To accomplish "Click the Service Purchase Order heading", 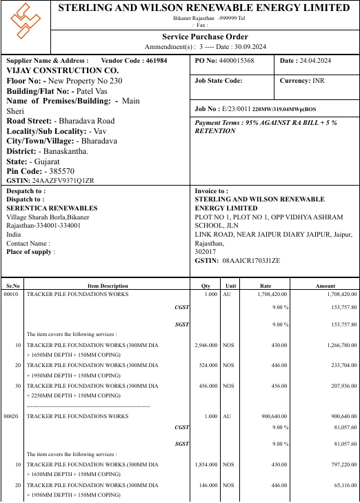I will (205, 37).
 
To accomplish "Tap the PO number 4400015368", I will (237, 61).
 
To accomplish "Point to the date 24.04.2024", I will (315, 61).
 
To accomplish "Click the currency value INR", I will (319, 81).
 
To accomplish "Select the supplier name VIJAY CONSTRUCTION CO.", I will (63, 70).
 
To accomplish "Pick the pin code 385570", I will (60, 170).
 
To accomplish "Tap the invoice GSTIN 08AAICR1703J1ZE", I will (252, 260).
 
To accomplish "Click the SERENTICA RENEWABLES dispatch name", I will (52, 208).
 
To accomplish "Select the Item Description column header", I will (108, 286).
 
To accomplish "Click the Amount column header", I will (325, 286).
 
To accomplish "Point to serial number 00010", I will (11, 294).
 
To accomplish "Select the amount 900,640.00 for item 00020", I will (339, 416).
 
